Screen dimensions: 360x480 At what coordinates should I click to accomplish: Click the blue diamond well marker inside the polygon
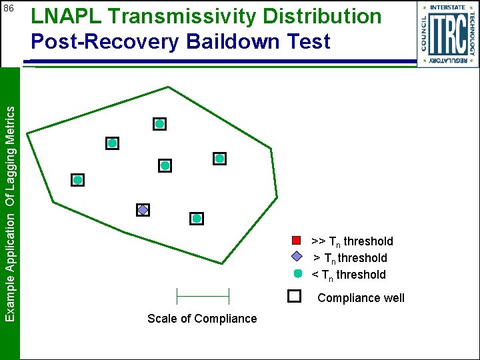point(143,210)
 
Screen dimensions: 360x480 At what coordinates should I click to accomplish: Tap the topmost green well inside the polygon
point(160,124)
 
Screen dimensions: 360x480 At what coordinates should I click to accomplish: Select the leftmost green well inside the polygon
point(78,180)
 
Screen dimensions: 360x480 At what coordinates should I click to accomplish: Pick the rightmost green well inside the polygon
point(220,159)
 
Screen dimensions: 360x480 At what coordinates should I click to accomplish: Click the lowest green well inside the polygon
point(197,218)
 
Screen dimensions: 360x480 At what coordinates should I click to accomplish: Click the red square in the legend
point(298,241)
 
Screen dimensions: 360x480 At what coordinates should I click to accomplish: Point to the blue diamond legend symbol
point(298,257)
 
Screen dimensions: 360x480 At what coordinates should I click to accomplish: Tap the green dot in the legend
point(298,273)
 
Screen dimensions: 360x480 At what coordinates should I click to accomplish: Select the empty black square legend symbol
point(294,297)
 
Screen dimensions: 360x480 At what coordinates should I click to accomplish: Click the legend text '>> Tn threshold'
point(353,241)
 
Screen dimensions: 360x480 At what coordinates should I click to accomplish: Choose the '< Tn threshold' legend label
point(349,275)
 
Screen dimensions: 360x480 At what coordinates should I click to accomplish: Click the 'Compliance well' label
point(361,298)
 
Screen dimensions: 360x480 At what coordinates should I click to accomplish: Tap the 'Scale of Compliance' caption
point(202,319)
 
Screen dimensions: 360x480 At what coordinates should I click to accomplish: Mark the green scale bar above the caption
point(202,295)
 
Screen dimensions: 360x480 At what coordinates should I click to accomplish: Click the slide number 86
point(9,9)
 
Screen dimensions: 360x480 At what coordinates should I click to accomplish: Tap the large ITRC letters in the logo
point(447,35)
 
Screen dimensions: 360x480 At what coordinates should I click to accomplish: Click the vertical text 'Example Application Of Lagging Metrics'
point(10,213)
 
